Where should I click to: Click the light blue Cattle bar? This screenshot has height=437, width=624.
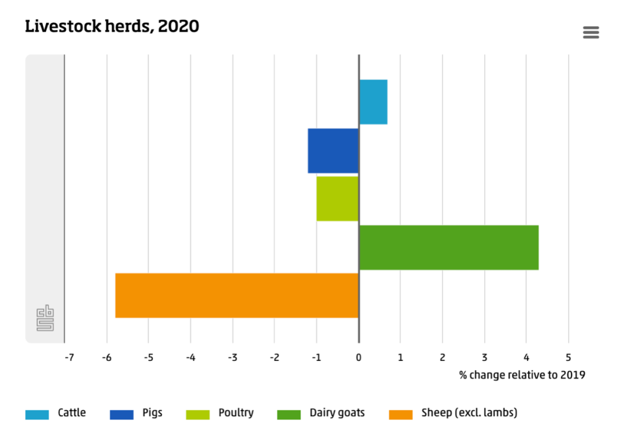tap(373, 102)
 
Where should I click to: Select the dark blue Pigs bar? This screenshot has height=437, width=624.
tap(333, 151)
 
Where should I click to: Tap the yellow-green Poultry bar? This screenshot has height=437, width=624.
tap(337, 199)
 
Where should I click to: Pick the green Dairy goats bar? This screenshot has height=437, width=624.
tap(449, 247)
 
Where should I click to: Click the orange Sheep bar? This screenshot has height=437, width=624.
tap(237, 295)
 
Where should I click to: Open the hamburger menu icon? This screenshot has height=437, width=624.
tap(591, 33)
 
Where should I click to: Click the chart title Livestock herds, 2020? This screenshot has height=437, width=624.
tap(112, 27)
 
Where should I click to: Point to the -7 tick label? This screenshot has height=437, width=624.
tap(69, 358)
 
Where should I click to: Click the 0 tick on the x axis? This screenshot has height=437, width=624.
tap(359, 358)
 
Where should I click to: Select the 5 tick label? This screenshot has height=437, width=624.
tap(568, 358)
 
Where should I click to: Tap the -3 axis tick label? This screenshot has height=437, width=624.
tap(232, 358)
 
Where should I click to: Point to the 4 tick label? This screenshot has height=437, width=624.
tap(526, 358)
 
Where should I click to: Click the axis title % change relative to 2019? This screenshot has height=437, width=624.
tap(522, 375)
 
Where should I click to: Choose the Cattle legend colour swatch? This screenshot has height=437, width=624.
tap(37, 414)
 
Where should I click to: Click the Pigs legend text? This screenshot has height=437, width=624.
tap(152, 413)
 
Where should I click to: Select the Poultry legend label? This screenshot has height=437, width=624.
tap(236, 413)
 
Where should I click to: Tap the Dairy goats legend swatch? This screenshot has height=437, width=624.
tap(289, 414)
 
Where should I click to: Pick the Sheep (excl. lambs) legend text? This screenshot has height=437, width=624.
tap(469, 413)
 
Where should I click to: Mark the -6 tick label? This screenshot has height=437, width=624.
tap(106, 358)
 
